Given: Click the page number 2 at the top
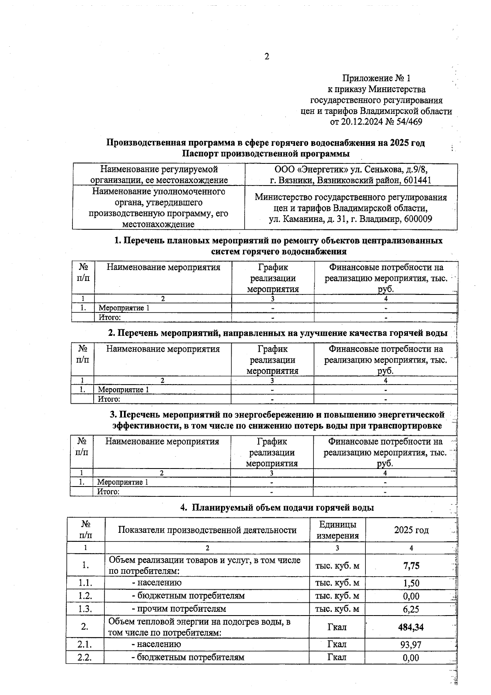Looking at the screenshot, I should coord(266,57).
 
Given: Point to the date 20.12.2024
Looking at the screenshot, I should coord(363,122).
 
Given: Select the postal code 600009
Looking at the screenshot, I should coord(418,219).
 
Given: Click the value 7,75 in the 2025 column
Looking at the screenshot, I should coord(411,566).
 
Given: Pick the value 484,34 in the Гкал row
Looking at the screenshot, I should coord(410,627).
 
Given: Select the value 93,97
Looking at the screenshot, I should coord(411,645).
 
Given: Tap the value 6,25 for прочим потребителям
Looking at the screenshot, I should coord(411,609).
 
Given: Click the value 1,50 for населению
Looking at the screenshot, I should coord(411,583).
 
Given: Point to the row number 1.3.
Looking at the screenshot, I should coord(85,609).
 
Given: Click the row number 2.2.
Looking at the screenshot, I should coord(85,657).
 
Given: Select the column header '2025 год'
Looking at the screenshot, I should coord(411,530).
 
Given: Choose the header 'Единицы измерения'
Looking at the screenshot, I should coord(338,530).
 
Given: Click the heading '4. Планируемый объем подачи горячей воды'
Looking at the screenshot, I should coord(277,508).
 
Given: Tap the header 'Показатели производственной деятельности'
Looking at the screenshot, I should coord(207,530).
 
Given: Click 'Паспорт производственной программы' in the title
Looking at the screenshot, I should coord(266,154).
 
